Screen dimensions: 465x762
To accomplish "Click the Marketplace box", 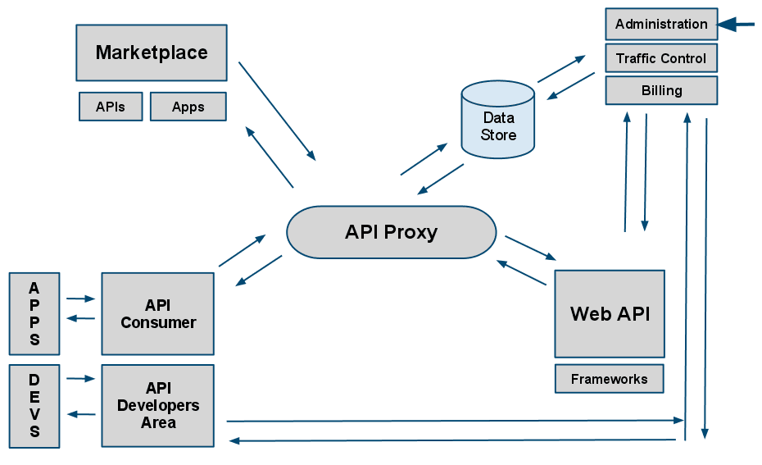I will coord(152,52).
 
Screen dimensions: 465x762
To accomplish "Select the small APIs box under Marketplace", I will coord(111,107).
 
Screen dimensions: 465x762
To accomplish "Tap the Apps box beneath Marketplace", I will coord(188,107).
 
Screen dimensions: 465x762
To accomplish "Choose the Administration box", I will coord(661,24).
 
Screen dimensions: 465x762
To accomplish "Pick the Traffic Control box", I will coord(661,58).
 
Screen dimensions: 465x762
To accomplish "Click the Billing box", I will coord(661,90).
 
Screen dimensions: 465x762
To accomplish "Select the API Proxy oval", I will coord(391,232).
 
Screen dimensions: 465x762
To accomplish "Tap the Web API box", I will coord(610,313).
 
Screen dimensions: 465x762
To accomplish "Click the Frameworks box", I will coord(609,379).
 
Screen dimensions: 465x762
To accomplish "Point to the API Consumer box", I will coord(158,314).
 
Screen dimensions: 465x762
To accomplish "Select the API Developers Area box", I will coord(158,406).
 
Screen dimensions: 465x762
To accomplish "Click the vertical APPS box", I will coord(34,314).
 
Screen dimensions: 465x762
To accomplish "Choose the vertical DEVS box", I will coord(34,406).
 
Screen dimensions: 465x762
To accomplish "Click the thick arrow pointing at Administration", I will coord(737,25).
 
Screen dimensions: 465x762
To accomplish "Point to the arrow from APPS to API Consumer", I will coord(81,299).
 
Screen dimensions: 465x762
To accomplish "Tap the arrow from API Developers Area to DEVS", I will coord(81,414).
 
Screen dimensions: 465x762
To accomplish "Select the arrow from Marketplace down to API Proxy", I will coord(277,111).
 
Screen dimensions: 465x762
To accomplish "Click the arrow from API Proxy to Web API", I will coord(530,248).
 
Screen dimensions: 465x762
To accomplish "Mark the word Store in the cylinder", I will coord(498,134).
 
